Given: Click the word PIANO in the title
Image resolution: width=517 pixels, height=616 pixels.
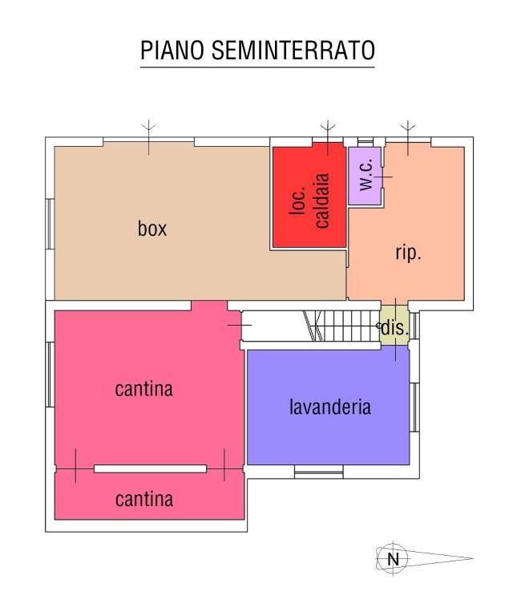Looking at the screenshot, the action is (x=172, y=50).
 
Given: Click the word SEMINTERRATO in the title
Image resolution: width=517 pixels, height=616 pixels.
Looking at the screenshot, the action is (x=293, y=50).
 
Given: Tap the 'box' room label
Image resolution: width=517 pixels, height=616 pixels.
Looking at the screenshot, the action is (x=152, y=229).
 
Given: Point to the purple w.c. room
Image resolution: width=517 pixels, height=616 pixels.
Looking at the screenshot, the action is (x=365, y=176).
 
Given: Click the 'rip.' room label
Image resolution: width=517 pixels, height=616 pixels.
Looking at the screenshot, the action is (x=408, y=253).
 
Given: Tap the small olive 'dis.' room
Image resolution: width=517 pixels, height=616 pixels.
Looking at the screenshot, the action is (x=394, y=326).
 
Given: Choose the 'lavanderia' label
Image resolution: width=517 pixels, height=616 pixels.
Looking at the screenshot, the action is (x=329, y=407).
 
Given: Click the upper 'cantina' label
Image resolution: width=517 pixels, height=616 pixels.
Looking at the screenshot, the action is (x=143, y=389).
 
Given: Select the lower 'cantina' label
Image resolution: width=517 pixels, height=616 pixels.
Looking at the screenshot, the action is (x=144, y=500).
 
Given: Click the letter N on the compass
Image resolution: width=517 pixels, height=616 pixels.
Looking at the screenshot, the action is (x=393, y=558).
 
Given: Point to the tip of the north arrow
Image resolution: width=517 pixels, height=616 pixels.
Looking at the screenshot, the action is (x=474, y=558).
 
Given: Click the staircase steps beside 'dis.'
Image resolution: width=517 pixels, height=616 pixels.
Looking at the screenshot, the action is (x=341, y=326).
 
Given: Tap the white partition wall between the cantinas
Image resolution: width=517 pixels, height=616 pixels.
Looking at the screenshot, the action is (x=151, y=468).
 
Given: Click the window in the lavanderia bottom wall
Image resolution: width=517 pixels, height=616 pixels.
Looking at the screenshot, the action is (x=319, y=472).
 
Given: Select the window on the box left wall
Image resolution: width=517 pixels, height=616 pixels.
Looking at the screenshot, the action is (x=50, y=224).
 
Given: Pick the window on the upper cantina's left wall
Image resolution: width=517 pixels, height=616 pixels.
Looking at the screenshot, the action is (x=50, y=375).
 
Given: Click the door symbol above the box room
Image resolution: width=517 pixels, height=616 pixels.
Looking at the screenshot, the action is (x=149, y=137).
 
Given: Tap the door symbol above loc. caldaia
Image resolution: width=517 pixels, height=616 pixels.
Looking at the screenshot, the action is (x=328, y=137).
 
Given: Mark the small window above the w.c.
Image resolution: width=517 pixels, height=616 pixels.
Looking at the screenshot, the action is (x=365, y=141).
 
